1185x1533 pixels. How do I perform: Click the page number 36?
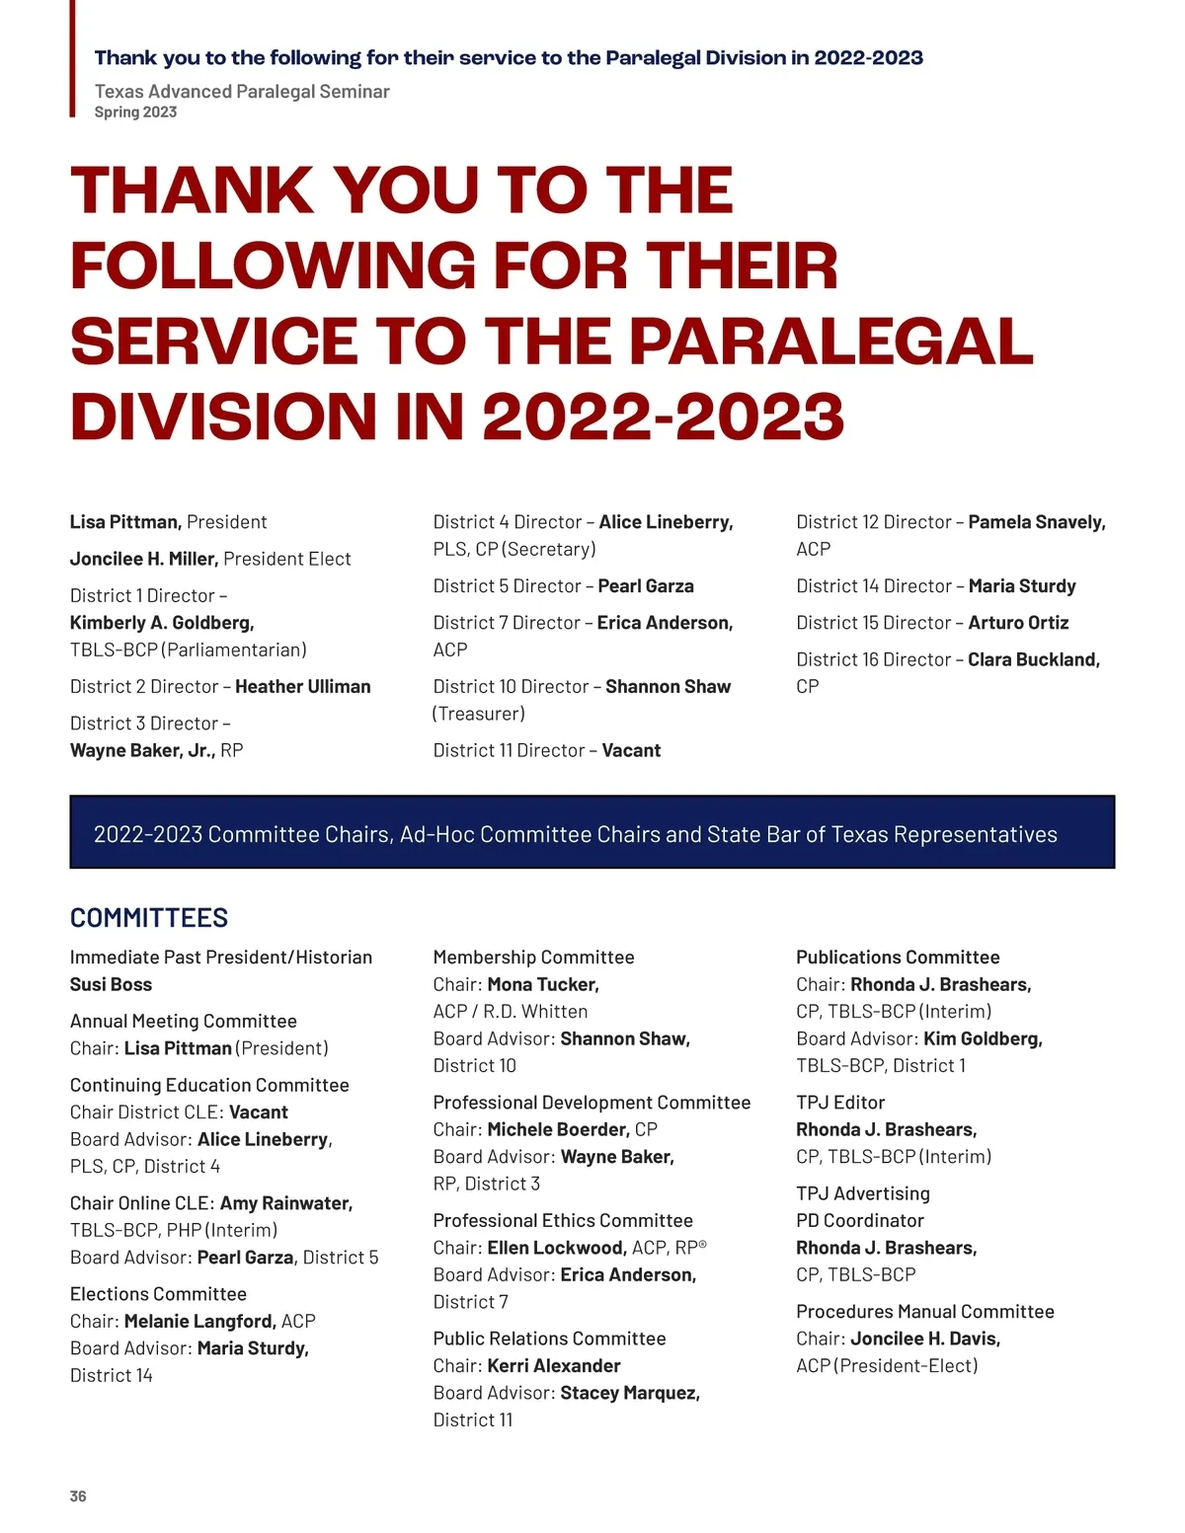coord(78,1496)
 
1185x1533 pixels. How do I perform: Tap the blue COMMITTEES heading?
coord(149,918)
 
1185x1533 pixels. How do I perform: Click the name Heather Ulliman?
coord(303,687)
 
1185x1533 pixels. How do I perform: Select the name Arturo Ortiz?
coord(1018,623)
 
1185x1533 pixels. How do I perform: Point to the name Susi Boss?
coord(111,984)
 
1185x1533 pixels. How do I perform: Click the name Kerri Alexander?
coord(554,1366)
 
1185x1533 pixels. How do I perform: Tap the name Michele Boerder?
coord(558,1129)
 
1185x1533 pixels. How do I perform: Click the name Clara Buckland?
coord(1033,659)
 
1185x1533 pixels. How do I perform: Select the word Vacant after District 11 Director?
coord(631,750)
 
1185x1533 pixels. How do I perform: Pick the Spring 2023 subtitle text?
coord(135,113)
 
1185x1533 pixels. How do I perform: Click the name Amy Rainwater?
coord(286,1203)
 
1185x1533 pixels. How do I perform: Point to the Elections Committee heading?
coord(158,1294)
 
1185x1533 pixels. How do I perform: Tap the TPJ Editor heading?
coord(840,1103)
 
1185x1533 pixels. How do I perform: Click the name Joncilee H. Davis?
coord(925,1339)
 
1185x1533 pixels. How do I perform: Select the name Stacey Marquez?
coord(630,1393)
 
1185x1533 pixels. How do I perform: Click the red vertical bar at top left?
coord(72,58)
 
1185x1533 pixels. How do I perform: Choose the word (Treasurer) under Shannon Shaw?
coord(479,714)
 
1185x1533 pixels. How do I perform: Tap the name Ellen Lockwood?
coord(557,1248)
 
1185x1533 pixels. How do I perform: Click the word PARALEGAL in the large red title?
coord(830,342)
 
